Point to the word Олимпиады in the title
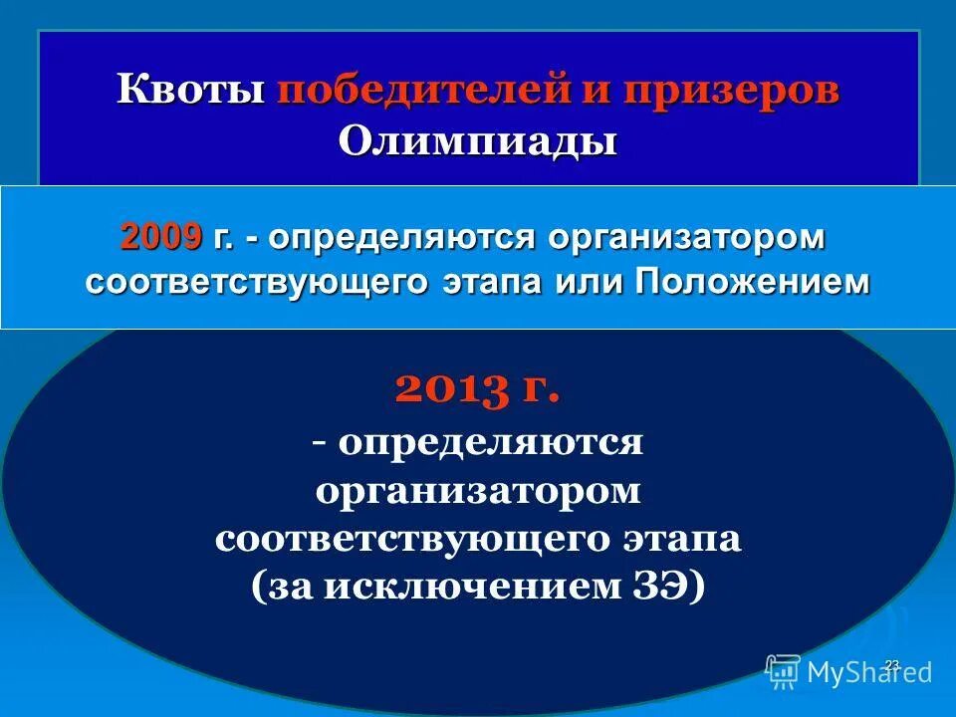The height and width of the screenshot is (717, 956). point(477,140)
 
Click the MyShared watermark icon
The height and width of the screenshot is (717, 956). point(783,672)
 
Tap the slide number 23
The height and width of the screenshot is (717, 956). point(892,664)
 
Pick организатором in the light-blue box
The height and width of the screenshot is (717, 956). point(687,238)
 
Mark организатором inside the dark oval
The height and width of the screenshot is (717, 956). point(477,490)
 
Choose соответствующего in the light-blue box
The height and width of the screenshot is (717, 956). point(258,282)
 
